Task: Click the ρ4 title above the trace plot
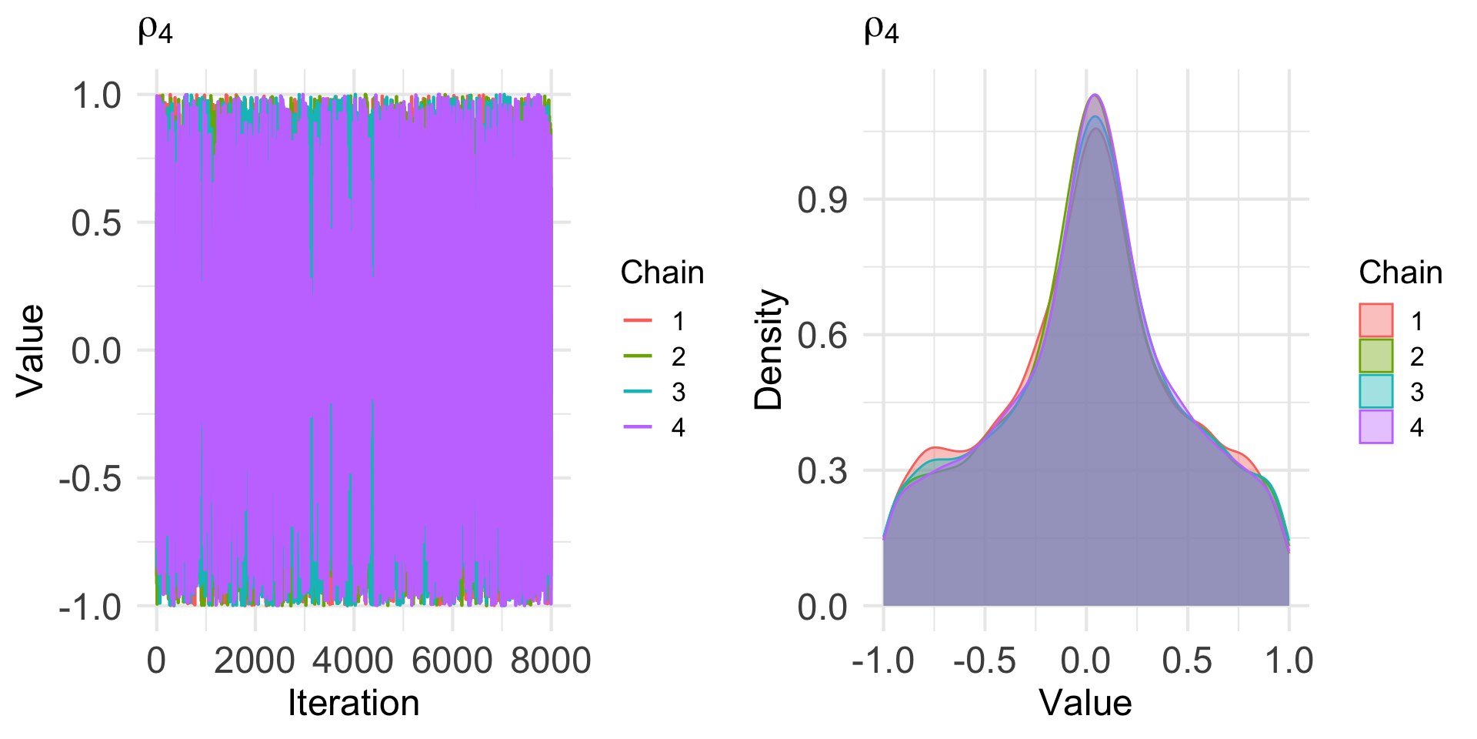click(x=155, y=31)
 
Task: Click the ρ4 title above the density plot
click(x=882, y=31)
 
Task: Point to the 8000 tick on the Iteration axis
click(x=551, y=660)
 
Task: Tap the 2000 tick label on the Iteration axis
click(x=254, y=660)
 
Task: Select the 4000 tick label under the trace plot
click(x=353, y=660)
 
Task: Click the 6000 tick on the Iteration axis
click(x=452, y=660)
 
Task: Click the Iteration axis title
click(x=353, y=703)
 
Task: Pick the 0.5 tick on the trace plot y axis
click(x=96, y=223)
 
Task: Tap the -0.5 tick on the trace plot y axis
click(x=90, y=479)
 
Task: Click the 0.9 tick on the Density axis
click(x=822, y=200)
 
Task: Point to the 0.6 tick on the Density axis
click(x=822, y=336)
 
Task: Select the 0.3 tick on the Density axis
click(x=822, y=471)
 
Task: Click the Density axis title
click(x=769, y=349)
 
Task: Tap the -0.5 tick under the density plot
click(x=984, y=660)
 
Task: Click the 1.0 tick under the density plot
click(x=1289, y=660)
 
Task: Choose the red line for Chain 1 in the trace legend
click(x=637, y=320)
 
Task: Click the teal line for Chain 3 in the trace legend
click(x=637, y=392)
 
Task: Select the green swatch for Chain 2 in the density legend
click(x=1375, y=356)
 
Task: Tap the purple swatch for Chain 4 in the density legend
click(x=1375, y=427)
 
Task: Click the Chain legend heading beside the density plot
click(x=1400, y=273)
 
